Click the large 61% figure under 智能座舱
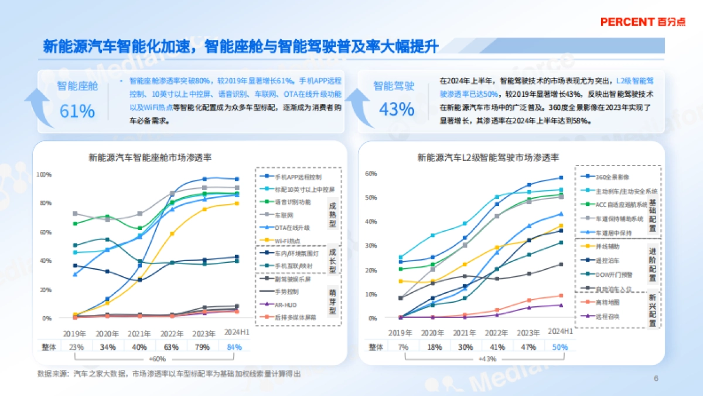[77, 110]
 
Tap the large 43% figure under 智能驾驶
[397, 109]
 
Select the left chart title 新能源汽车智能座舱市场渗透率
[150, 157]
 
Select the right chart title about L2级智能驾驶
[488, 157]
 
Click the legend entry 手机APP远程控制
[297, 177]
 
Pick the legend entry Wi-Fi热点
[288, 241]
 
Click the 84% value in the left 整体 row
[234, 347]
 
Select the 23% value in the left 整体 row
[76, 347]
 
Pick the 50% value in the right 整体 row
[560, 347]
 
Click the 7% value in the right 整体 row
[402, 347]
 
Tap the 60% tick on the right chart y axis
[370, 174]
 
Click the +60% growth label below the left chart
[157, 358]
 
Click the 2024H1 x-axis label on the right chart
[560, 331]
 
